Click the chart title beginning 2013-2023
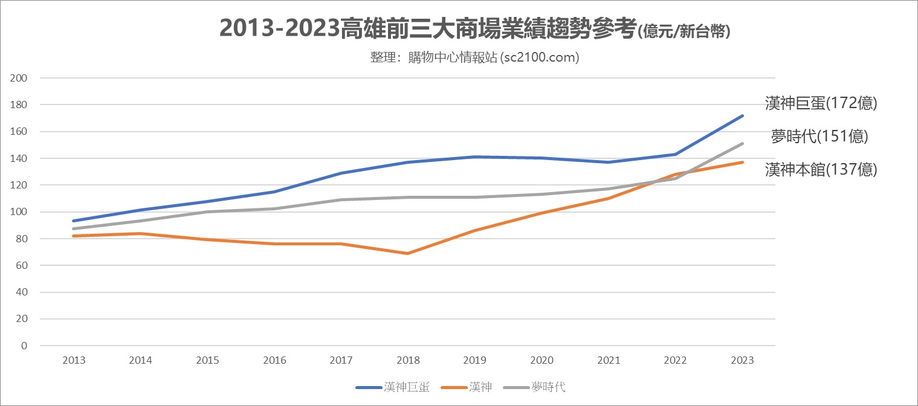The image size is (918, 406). (x=474, y=29)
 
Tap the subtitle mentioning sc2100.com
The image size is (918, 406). (x=475, y=57)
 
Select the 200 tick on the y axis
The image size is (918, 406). (x=19, y=78)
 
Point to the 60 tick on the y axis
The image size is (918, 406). (x=22, y=265)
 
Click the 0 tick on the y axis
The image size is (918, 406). (x=24, y=346)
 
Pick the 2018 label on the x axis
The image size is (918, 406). (x=408, y=360)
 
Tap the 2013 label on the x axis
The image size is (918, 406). (x=74, y=360)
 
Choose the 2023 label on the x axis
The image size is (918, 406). (x=742, y=360)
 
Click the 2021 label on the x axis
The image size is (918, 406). (x=609, y=360)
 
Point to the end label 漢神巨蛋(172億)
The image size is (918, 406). (x=821, y=104)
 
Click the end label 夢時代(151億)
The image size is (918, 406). (x=819, y=137)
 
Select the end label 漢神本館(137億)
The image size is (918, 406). (x=821, y=170)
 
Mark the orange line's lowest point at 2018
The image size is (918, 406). (x=408, y=253)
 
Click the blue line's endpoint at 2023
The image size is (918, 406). (x=742, y=115)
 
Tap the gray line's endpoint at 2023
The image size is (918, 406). (x=742, y=144)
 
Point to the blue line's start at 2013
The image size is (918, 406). (x=74, y=221)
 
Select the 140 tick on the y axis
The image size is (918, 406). (x=19, y=158)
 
